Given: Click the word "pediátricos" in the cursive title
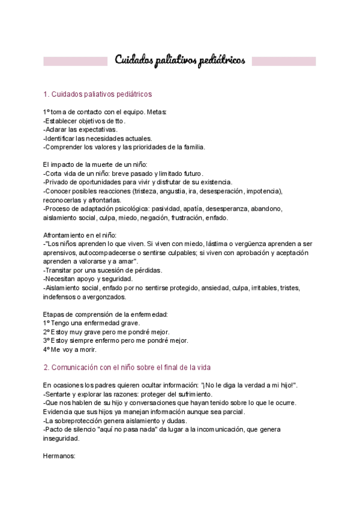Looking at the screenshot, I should coord(217,61).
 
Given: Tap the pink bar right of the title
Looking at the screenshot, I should coord(283,61).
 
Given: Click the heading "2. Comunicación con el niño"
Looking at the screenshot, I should coord(127,367).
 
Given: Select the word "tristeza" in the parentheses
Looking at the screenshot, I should coord(148,191).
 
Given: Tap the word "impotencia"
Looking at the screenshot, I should coord(263,191).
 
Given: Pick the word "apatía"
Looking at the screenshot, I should coord(180,209).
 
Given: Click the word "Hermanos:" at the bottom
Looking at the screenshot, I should coord(59,456).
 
